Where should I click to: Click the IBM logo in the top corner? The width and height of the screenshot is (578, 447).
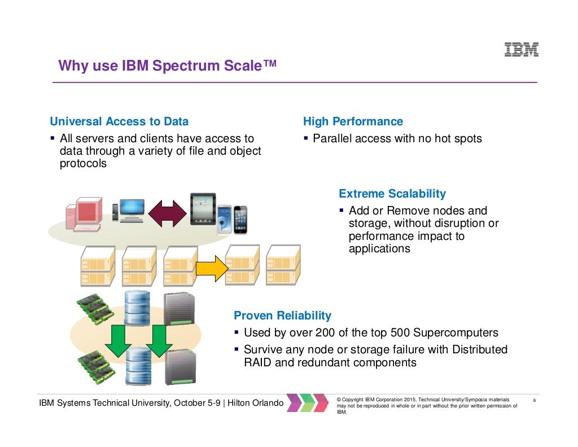(521, 50)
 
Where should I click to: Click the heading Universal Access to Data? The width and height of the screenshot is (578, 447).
(119, 121)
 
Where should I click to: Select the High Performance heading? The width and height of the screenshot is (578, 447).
(353, 121)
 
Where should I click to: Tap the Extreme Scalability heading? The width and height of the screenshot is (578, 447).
(392, 194)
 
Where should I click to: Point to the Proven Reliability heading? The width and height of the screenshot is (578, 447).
(282, 315)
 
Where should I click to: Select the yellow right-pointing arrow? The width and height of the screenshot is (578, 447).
(210, 269)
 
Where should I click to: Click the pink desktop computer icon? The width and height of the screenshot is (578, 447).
(84, 214)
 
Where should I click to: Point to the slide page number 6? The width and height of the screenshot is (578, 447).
(534, 401)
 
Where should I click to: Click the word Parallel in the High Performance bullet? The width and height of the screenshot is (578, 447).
(332, 138)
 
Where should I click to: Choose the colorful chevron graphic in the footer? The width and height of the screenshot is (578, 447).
(307, 402)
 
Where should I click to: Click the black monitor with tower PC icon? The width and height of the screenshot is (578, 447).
(129, 209)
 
